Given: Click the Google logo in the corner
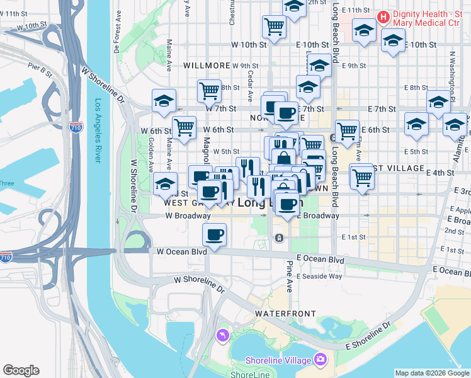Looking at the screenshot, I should (x=21, y=370).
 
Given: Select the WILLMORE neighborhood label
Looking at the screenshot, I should (x=207, y=66).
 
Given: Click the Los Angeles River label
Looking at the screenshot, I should (x=98, y=131).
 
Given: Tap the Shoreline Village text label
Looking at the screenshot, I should (x=278, y=360).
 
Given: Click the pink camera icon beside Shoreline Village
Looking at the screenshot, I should (x=321, y=360).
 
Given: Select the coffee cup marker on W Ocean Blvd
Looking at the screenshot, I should (x=214, y=235).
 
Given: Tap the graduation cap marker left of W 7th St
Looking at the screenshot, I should (x=164, y=100).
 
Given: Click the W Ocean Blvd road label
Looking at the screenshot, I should (x=182, y=252).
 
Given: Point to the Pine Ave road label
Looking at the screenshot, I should (x=289, y=276).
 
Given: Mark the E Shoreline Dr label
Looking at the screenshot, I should (x=368, y=338).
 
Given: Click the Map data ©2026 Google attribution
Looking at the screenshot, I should (x=431, y=373).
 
